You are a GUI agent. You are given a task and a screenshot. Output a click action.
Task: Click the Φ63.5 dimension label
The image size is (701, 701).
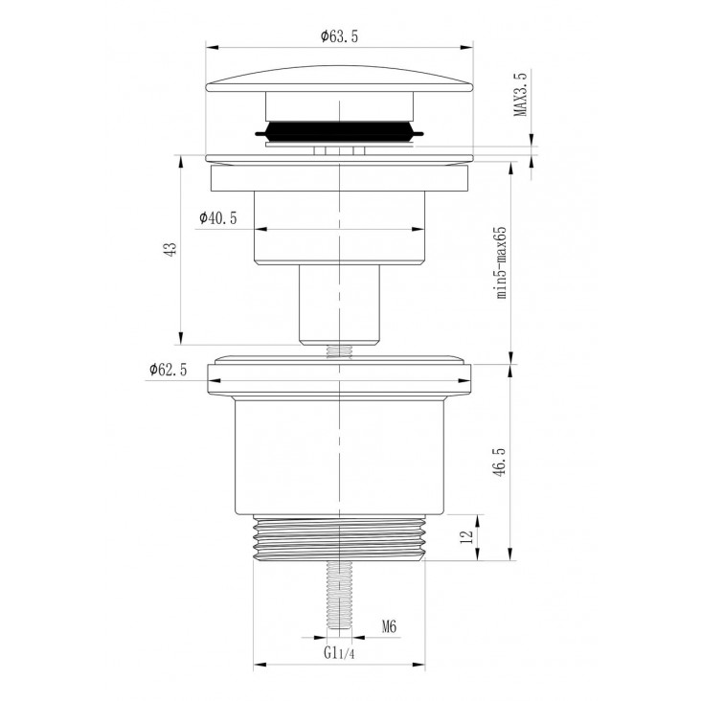(339, 36)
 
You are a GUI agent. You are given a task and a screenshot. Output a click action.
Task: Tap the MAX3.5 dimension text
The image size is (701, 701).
(520, 93)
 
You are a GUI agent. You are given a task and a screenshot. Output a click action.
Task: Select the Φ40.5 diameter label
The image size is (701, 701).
(218, 218)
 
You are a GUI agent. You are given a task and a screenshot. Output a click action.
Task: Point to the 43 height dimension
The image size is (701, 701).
(170, 249)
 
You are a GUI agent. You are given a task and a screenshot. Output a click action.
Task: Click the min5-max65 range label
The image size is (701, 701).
(502, 262)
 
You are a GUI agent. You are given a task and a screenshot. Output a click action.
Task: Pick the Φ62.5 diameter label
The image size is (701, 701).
(169, 370)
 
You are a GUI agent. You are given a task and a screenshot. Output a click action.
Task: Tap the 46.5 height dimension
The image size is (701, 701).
(499, 462)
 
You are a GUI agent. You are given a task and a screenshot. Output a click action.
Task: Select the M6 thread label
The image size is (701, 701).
(389, 627)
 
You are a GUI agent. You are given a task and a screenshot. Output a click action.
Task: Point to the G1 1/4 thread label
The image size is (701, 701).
(339, 653)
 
